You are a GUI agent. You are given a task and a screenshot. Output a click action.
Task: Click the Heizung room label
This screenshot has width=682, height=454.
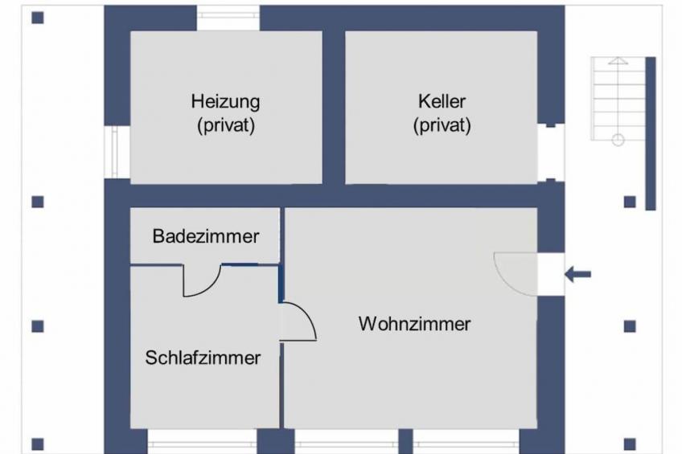point(225,102)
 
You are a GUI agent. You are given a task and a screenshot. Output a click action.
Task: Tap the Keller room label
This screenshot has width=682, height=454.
point(442,101)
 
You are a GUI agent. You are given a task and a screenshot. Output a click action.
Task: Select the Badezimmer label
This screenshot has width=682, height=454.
point(206,236)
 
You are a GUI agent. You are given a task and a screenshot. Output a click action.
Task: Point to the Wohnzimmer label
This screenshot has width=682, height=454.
point(414,324)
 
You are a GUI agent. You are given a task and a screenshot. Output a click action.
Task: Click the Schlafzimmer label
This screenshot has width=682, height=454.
point(203,358)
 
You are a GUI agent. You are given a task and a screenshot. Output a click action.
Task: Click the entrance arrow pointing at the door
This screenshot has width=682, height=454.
point(578,274)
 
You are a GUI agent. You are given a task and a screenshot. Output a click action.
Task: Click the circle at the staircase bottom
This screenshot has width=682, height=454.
point(618,140)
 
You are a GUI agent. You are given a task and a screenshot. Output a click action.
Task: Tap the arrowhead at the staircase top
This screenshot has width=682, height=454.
point(618,60)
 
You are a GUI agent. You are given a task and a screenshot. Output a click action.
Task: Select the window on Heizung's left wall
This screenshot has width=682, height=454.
point(114,152)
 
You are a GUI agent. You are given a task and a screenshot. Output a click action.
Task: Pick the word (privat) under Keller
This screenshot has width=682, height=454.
point(442,126)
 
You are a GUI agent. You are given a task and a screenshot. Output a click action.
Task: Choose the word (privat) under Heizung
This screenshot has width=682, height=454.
point(226,126)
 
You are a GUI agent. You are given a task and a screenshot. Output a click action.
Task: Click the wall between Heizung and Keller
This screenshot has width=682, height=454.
point(334,107)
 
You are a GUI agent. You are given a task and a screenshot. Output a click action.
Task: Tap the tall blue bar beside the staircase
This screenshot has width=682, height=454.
point(651,133)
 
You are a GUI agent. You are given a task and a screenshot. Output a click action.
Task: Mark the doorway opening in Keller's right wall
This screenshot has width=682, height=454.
point(551,153)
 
